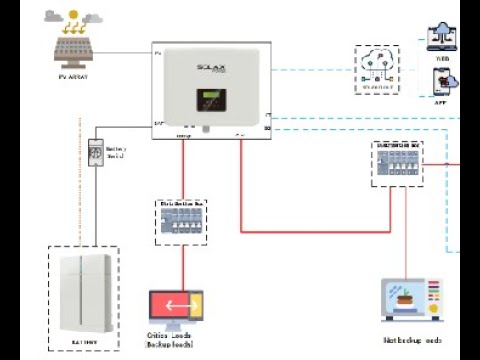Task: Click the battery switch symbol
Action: (x=97, y=151)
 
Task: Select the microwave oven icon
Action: (x=411, y=299)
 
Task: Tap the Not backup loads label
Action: (x=412, y=341)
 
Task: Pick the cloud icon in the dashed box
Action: (x=380, y=63)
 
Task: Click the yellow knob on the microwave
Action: (x=432, y=308)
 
